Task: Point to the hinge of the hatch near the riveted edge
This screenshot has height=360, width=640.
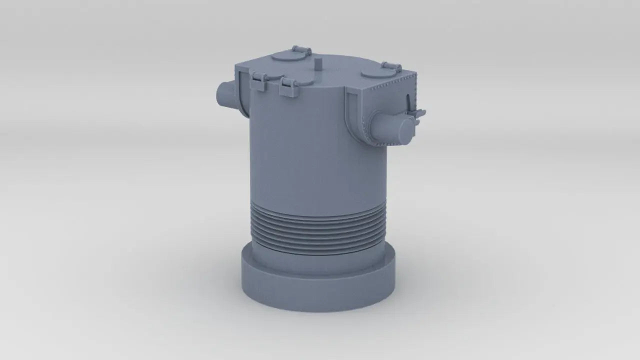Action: (x=391, y=66)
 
